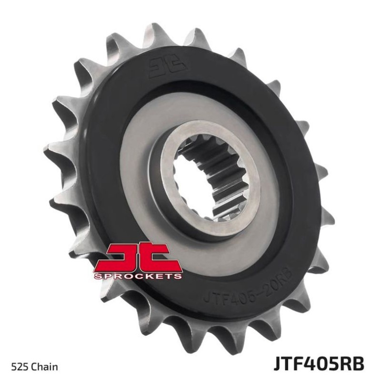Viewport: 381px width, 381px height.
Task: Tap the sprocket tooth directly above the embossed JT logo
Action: pos(157,36)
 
